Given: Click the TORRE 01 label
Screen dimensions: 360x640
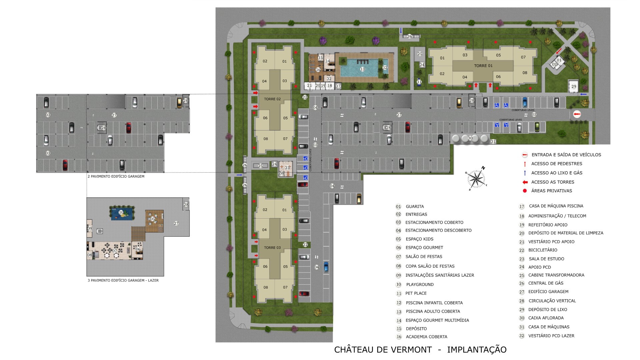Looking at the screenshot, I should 483,66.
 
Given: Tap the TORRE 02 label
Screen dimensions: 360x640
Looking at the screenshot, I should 272,99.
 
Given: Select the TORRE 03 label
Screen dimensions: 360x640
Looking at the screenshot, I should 272,248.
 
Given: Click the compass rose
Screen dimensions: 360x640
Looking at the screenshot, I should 476,178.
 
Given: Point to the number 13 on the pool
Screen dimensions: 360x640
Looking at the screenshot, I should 362,69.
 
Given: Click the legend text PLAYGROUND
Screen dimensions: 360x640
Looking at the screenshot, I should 420,285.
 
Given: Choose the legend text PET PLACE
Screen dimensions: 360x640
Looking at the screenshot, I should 416,293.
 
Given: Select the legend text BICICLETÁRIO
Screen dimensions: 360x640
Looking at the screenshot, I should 543,250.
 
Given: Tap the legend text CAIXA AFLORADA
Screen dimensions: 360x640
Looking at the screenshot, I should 546,318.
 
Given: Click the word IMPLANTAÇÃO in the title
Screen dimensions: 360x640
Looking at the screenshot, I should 477,350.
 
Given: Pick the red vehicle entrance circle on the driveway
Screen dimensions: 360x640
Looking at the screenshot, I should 577,115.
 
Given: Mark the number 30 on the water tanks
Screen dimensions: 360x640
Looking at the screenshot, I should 470,138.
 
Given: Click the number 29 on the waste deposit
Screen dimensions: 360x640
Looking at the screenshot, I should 574,87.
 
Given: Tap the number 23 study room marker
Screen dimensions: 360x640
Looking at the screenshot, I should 287,168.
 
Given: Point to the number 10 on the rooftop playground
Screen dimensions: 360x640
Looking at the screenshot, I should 121,212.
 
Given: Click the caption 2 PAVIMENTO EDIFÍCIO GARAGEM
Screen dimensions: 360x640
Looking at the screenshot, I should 116,176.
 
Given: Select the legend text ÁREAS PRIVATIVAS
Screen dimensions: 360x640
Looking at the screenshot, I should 551,191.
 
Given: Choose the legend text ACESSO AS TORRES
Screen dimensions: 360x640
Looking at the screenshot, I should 553,182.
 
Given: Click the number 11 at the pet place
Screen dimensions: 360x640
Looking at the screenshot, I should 419,82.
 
